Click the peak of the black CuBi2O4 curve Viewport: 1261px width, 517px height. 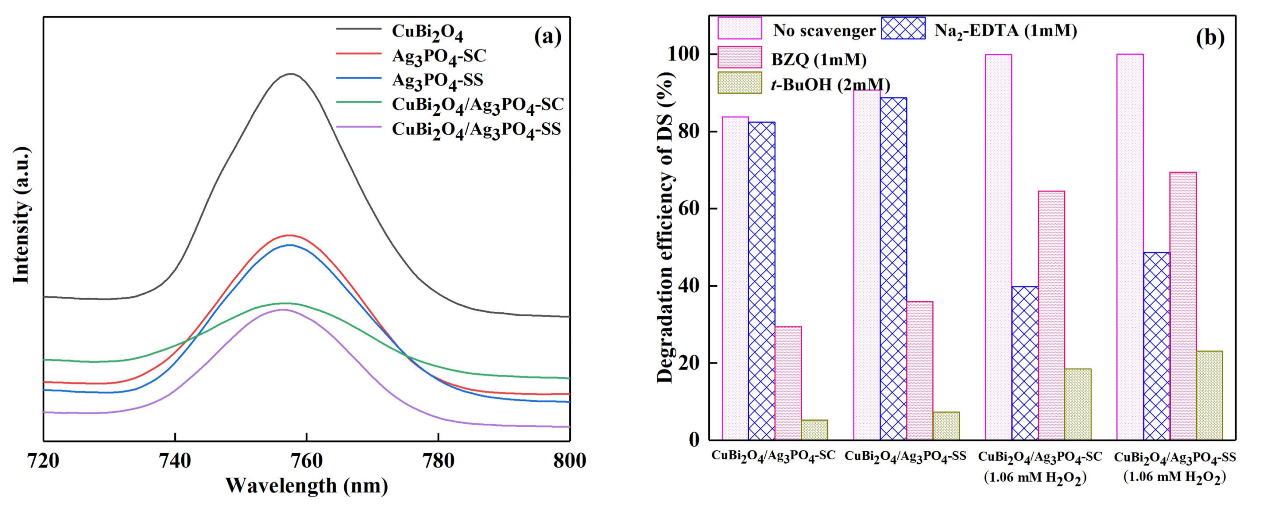coord(292,74)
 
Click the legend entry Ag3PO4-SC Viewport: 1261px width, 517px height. coord(439,56)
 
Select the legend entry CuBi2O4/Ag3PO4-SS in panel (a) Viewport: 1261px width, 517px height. coord(476,129)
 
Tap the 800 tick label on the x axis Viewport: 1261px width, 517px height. coord(569,461)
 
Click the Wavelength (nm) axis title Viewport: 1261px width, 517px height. coord(306,486)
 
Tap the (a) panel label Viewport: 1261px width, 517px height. coord(548,37)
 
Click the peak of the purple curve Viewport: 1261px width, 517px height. coord(282,310)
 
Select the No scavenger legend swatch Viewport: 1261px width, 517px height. coord(740,28)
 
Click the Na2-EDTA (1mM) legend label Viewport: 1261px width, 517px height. coord(1005,31)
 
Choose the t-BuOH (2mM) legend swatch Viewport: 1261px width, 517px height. coord(740,83)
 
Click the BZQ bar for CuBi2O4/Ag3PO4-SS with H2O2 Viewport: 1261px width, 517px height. coord(1183,306)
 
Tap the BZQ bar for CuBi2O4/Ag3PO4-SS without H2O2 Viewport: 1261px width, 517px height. coord(920,370)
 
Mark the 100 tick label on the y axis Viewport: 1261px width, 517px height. coord(684,54)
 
